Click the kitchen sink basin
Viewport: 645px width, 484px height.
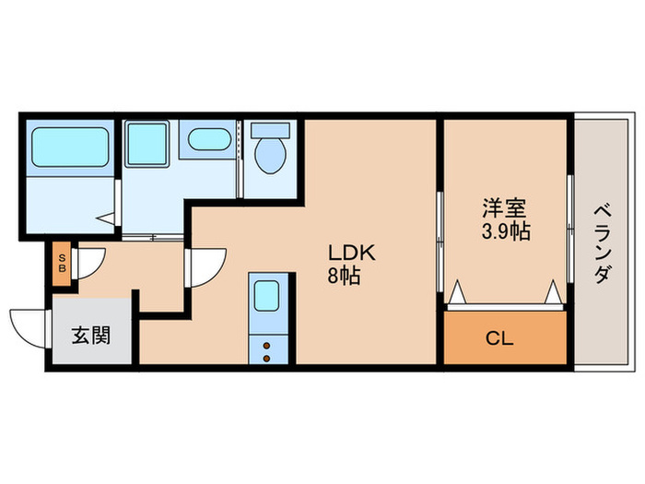click(269, 298)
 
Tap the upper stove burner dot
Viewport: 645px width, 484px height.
click(268, 344)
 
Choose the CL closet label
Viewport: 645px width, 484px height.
click(499, 338)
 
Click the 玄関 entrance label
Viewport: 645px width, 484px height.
click(91, 335)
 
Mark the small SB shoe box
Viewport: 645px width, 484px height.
click(63, 263)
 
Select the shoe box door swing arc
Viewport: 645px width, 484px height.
click(91, 262)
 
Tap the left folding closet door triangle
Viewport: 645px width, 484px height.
click(458, 294)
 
